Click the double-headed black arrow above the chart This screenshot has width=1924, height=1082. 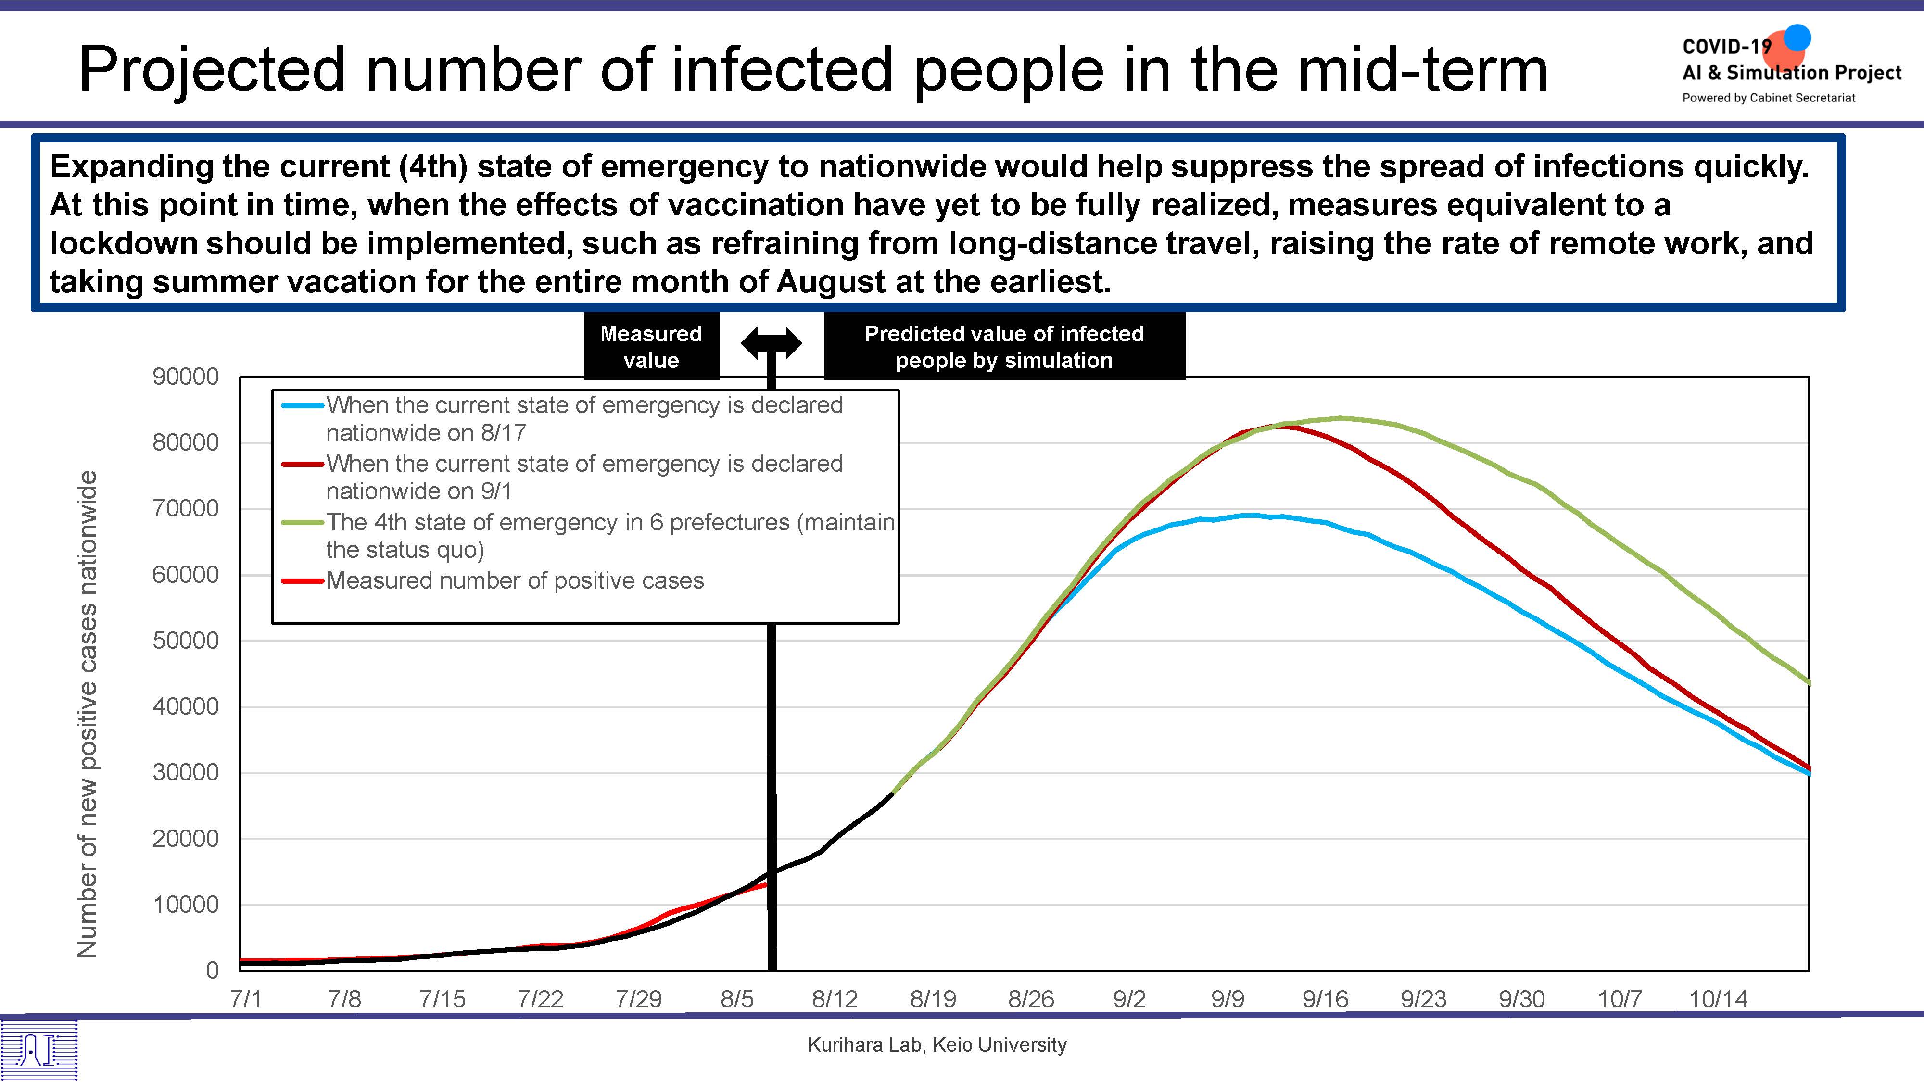point(772,343)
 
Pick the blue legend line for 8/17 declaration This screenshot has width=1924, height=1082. point(303,405)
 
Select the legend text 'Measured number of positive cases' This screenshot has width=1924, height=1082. point(515,581)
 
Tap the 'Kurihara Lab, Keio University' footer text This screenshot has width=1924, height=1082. point(937,1044)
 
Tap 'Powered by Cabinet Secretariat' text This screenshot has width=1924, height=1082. point(1768,98)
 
